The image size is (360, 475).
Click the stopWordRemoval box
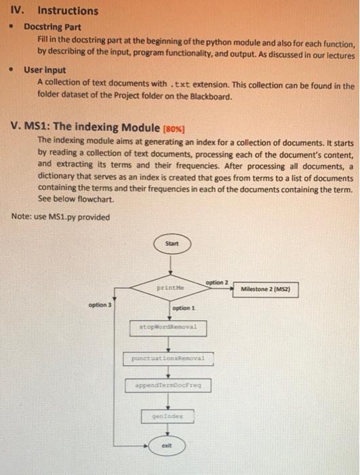pos(167,326)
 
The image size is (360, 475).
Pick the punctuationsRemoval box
pos(167,357)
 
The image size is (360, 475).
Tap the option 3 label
pos(100,305)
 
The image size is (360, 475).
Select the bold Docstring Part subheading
pos(52,27)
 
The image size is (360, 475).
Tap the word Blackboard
pos(210,97)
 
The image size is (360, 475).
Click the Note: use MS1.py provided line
pos(61,216)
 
